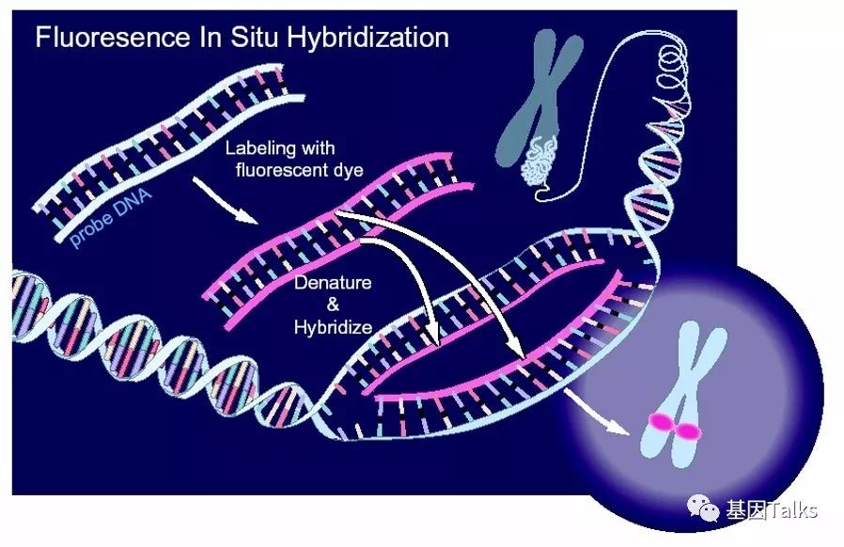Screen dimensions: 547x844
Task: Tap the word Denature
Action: (x=333, y=282)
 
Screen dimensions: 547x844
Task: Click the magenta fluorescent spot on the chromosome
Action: (x=673, y=429)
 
